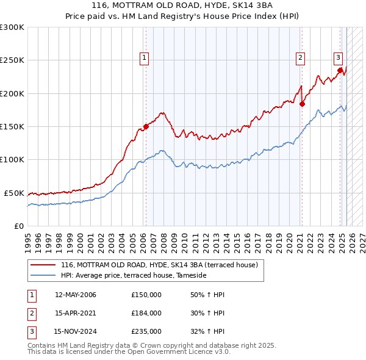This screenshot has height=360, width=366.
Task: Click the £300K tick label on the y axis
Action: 12,27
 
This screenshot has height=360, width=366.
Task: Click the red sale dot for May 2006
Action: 146,127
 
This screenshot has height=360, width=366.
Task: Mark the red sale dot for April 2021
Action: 302,104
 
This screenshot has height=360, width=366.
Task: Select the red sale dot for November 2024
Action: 340,70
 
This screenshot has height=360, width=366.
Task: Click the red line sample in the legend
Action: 42,265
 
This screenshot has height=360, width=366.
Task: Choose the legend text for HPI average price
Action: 134,276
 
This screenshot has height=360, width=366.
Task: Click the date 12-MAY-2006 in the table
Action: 76,294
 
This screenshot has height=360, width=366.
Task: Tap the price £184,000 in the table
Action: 146,313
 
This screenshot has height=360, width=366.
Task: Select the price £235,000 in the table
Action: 146,332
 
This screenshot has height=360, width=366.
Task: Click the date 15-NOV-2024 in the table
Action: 76,332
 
